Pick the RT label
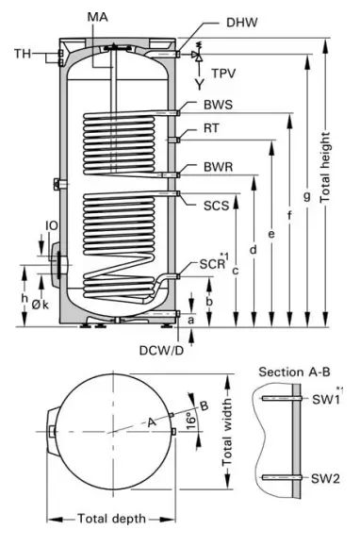213,131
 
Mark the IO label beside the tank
54,225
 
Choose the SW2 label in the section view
325,478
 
